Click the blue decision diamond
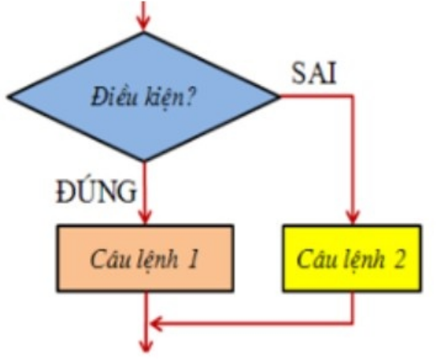144,96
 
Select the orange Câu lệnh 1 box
145,258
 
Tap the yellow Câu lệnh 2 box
352,258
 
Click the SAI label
314,74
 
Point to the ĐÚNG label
96,191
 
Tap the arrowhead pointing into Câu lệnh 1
145,217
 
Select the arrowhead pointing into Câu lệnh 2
352,217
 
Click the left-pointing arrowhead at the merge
157,323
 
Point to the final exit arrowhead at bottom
146,346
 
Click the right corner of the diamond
280,96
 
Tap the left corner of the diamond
8,96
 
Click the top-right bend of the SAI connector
352,96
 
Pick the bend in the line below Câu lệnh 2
352,323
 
